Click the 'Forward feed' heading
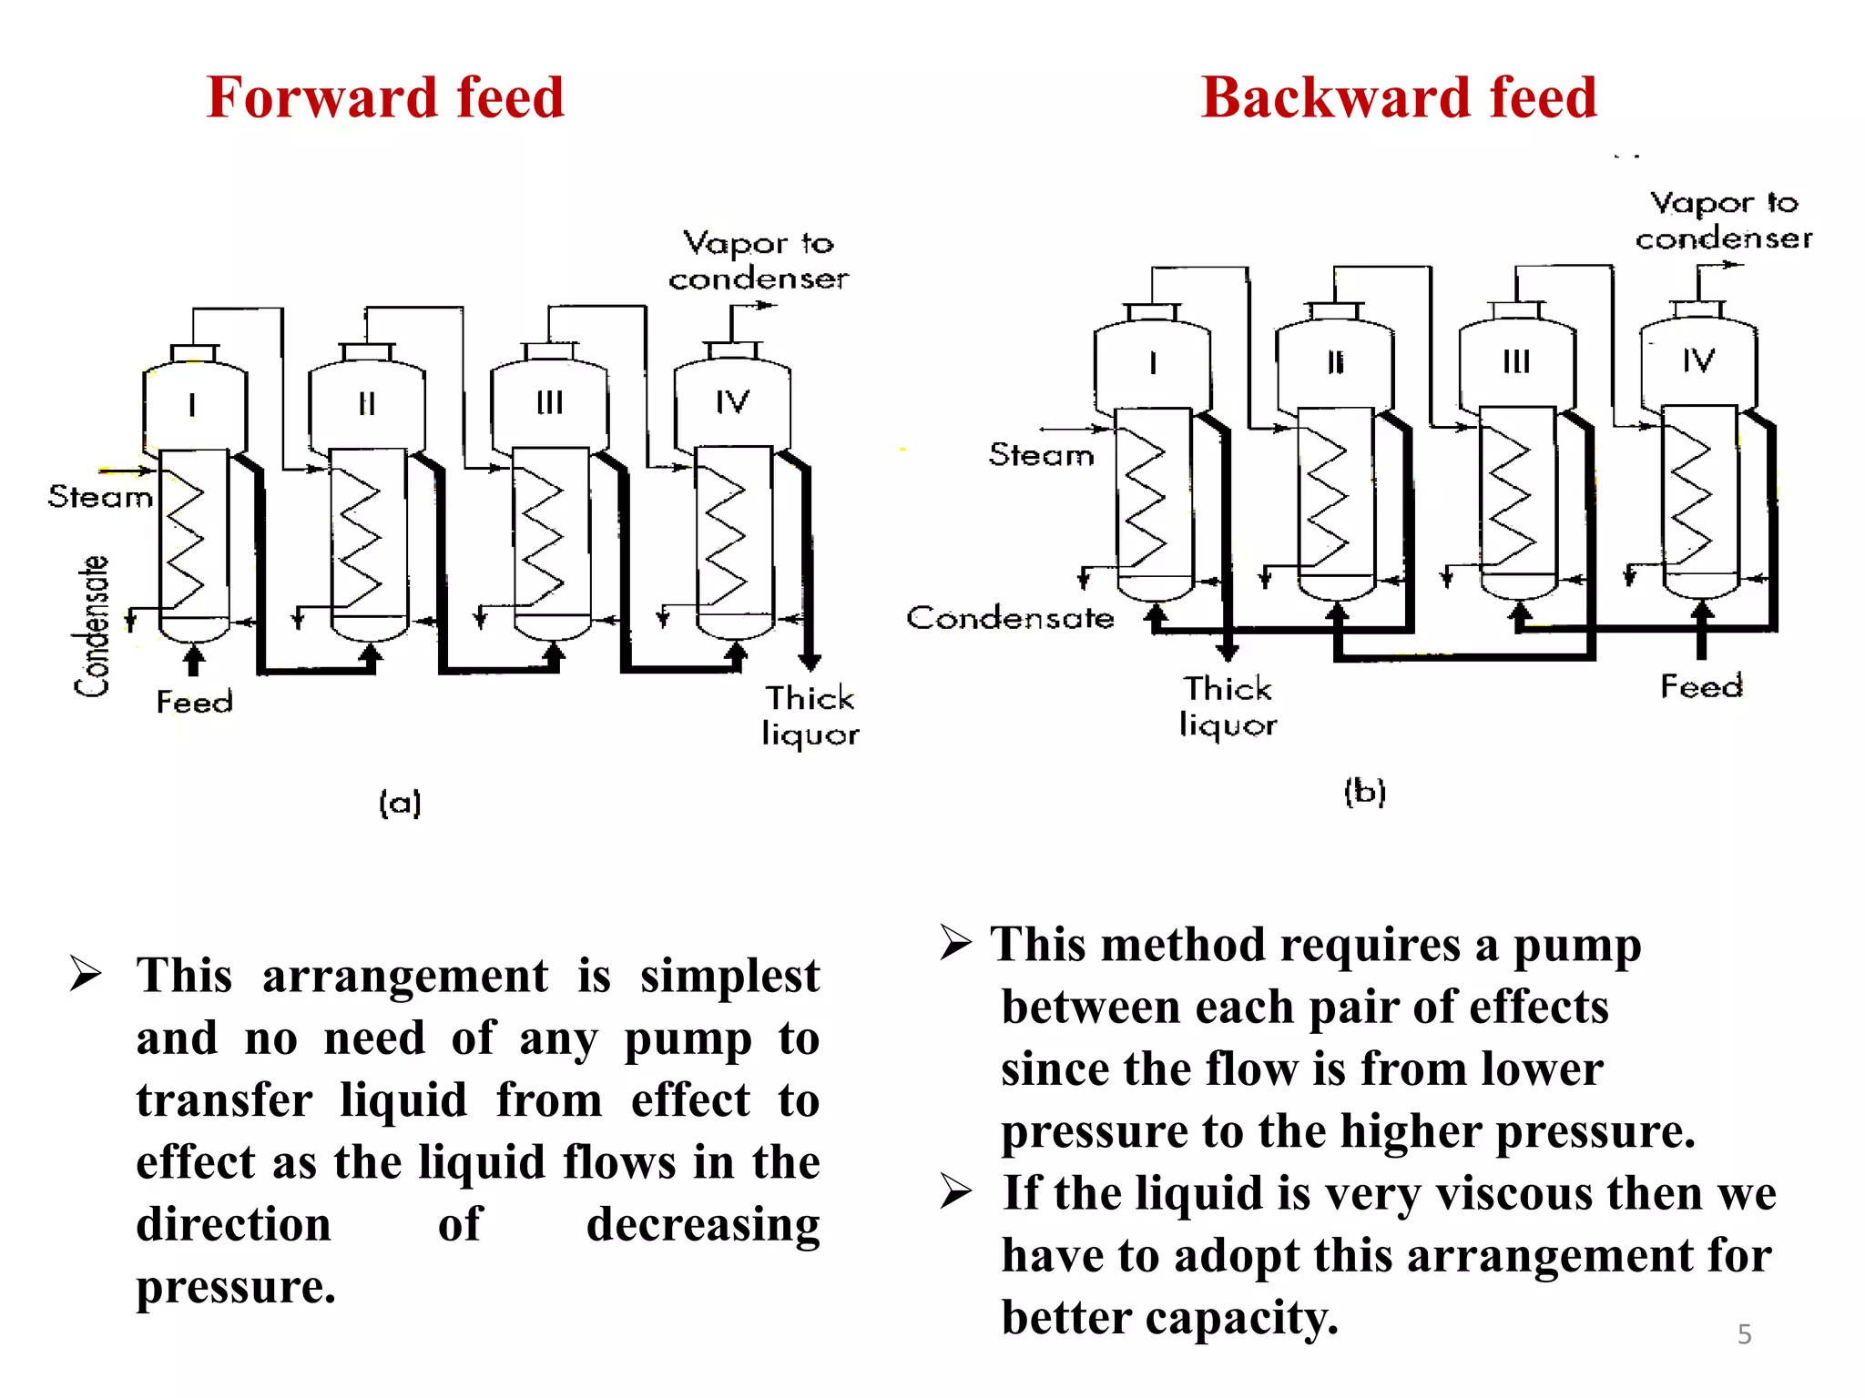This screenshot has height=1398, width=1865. click(385, 97)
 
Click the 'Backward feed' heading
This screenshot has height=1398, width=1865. click(1399, 97)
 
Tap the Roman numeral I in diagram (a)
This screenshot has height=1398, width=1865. click(192, 404)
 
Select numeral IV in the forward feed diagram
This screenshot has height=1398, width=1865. click(732, 402)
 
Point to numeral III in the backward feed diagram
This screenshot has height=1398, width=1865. click(1516, 361)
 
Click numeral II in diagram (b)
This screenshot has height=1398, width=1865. click(1335, 362)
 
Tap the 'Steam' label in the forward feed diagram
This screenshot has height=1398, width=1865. click(100, 497)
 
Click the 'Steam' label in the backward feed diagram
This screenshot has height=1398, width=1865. click(1041, 454)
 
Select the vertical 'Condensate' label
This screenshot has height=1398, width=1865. click(93, 626)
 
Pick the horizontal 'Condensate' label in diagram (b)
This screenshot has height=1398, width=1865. click(1010, 618)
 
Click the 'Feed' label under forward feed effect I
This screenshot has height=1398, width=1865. click(194, 702)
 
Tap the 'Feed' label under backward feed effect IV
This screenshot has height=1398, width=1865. click(1701, 685)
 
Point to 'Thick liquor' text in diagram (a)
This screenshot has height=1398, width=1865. click(810, 715)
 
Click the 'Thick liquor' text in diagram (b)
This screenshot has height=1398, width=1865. click(1228, 706)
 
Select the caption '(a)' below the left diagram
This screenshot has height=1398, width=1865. click(400, 803)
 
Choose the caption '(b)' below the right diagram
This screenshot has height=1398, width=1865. click(1364, 791)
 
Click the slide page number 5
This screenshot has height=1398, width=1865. click(1744, 1334)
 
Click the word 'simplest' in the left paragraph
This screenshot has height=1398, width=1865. click(729, 977)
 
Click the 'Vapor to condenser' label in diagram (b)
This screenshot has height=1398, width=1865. click(1723, 220)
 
